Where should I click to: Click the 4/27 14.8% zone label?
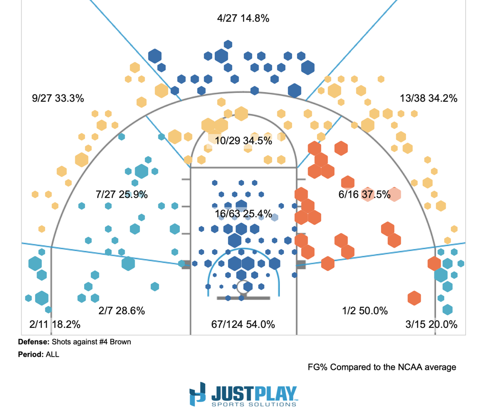[243, 18]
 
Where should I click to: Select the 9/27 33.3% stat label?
[58, 98]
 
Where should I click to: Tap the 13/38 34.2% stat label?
[429, 98]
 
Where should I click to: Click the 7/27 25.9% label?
[122, 195]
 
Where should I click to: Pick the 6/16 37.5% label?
[364, 195]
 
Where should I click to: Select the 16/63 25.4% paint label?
[243, 213]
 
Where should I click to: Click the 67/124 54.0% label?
[243, 324]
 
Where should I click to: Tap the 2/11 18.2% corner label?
[54, 324]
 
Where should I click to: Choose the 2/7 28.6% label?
[121, 310]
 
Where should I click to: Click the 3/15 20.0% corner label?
[432, 324]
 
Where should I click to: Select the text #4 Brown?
[113, 342]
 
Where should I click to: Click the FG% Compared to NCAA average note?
[382, 367]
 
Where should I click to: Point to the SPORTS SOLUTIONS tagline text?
[254, 404]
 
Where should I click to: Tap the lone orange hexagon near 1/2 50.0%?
[414, 298]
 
